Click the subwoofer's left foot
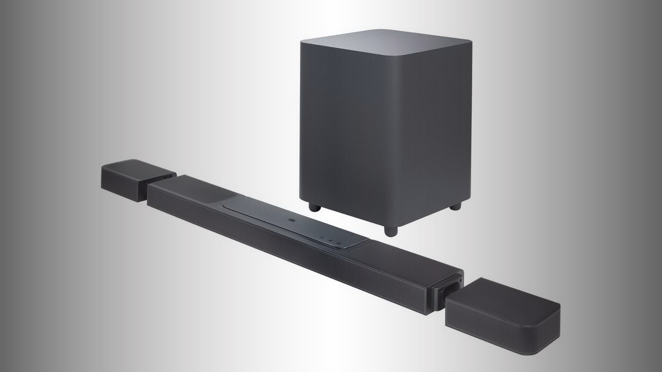tap(314, 207)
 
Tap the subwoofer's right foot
tap(455, 206)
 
